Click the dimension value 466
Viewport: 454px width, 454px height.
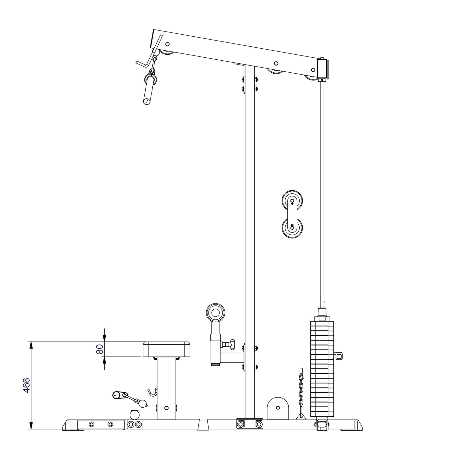coord(27,385)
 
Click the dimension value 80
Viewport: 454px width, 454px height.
coord(100,349)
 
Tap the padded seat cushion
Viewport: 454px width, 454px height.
coord(167,349)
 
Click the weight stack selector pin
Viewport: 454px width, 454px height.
coord(339,356)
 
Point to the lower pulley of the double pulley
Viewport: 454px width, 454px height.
coord(293,228)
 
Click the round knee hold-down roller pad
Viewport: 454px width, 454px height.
coord(215,313)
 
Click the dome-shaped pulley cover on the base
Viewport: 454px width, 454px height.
coord(278,408)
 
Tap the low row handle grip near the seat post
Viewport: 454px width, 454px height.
coord(119,395)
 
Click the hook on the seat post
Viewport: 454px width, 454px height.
coord(152,392)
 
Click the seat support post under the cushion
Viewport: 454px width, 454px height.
coord(167,389)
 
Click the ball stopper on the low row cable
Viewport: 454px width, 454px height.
coord(142,403)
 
